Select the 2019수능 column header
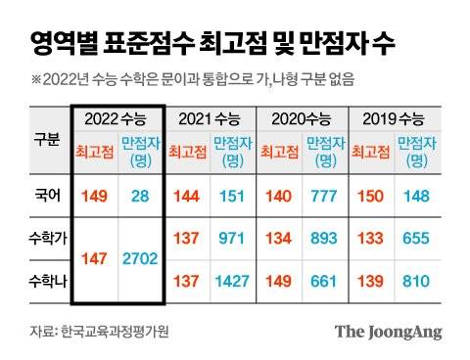click(x=393, y=119)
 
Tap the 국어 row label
click(x=47, y=197)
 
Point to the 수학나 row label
click(x=47, y=280)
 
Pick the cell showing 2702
click(x=140, y=258)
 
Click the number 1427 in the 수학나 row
click(x=232, y=281)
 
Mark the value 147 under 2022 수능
click(x=95, y=258)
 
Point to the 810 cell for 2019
click(x=415, y=281)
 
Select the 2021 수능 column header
click(x=209, y=119)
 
